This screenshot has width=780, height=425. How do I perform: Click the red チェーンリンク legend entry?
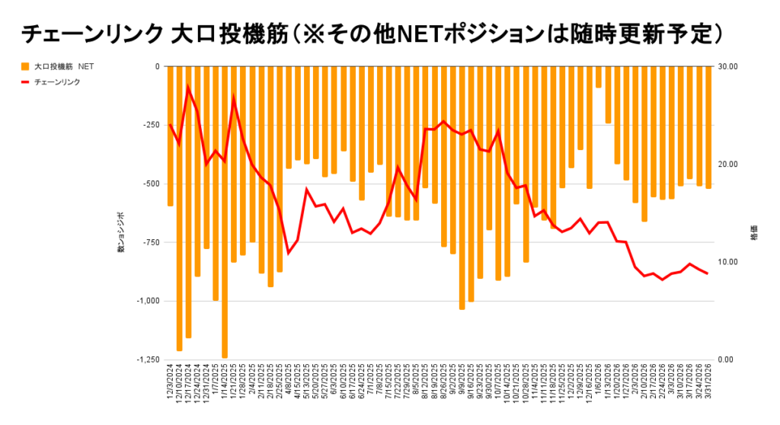tap(57, 81)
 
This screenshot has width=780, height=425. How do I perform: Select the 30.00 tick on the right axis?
tap(729, 67)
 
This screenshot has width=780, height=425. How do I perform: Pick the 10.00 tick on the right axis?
tap(729, 262)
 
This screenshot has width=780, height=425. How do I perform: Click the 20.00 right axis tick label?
tap(729, 165)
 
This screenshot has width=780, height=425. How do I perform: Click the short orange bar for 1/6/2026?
tap(598, 77)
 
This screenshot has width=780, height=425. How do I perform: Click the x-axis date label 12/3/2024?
tap(171, 388)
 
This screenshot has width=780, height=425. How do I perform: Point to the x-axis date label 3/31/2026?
tap(708, 388)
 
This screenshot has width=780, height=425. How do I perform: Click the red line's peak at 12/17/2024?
tap(188, 87)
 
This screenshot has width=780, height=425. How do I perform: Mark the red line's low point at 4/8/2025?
tap(289, 253)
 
